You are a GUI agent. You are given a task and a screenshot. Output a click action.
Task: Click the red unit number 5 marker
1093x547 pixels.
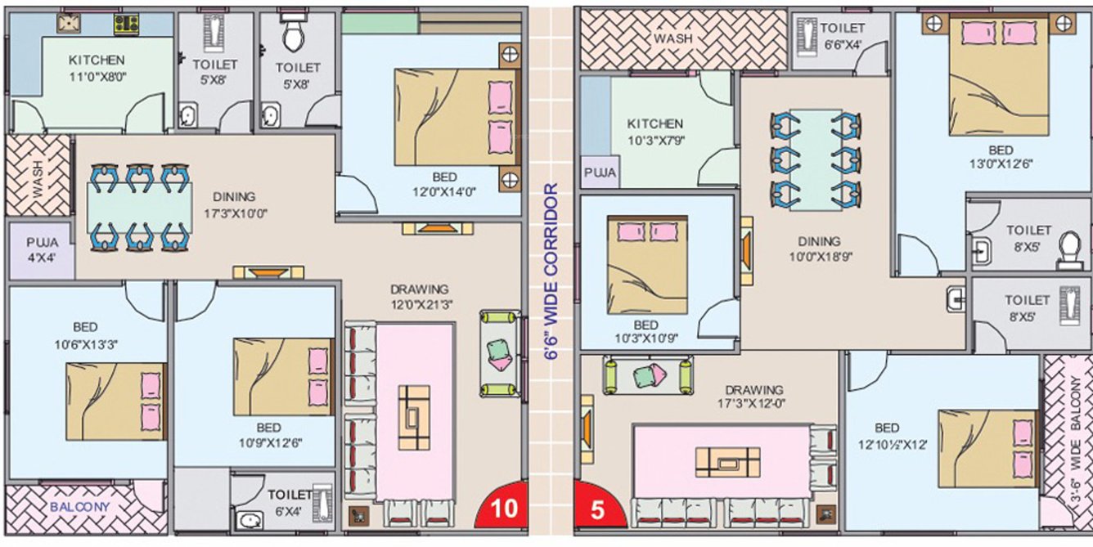tap(598, 507)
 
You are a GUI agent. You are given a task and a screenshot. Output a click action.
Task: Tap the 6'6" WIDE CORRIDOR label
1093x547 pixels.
tap(551, 271)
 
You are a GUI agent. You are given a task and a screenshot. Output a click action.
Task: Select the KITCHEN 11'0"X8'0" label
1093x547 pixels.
tap(97, 68)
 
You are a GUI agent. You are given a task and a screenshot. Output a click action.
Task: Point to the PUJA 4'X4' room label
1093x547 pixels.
tap(42, 249)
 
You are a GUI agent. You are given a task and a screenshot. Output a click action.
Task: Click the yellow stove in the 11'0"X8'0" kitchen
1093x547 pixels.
tap(126, 25)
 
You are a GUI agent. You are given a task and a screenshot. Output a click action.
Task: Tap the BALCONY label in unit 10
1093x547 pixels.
tap(79, 507)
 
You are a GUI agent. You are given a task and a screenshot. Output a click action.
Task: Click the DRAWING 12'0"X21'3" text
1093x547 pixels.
tap(421, 297)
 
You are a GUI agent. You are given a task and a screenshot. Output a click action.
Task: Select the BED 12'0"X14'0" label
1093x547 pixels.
tap(444, 184)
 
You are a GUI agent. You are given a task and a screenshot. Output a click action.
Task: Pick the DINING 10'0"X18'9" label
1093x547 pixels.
tap(820, 249)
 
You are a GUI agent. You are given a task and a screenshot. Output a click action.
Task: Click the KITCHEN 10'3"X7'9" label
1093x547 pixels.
tap(655, 132)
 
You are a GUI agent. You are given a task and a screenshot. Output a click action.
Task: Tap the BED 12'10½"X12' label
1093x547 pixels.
tap(893, 436)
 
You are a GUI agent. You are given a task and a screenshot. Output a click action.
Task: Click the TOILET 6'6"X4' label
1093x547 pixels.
tap(842, 36)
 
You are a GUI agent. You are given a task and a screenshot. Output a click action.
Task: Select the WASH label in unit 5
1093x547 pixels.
tap(673, 38)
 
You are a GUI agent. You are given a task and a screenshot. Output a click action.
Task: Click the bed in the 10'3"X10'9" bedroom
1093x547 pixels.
tap(647, 265)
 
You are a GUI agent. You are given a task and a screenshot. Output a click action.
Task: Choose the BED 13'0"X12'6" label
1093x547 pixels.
tap(1001, 157)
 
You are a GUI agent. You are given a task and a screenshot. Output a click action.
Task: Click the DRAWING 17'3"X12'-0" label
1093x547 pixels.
tap(753, 397)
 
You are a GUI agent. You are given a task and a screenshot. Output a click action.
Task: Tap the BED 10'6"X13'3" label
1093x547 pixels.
tap(86, 335)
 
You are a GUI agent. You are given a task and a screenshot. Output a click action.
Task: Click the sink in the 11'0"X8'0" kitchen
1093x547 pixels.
tap(69, 24)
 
